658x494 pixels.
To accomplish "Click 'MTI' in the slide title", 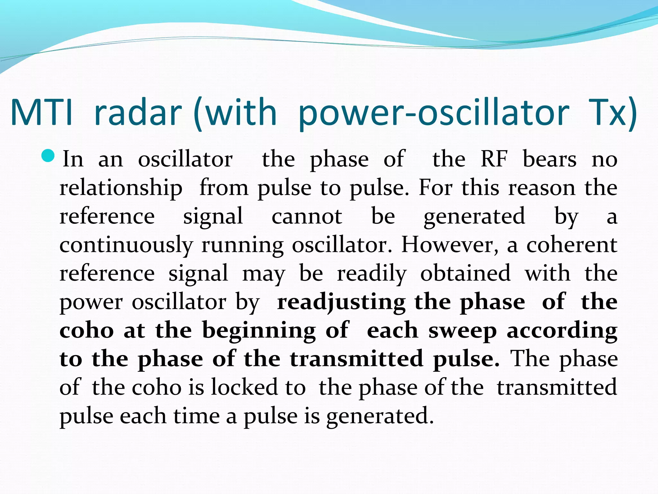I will [x=42, y=113].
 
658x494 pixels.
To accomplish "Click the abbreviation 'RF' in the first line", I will [x=494, y=159].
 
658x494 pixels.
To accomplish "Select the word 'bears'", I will [x=550, y=159].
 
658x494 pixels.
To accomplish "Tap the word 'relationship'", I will [x=121, y=188].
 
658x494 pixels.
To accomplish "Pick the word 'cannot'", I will [x=307, y=216].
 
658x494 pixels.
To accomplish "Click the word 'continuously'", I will [x=126, y=245].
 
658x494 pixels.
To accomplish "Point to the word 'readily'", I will [x=371, y=274].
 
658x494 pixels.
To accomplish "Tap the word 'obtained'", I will [x=466, y=273].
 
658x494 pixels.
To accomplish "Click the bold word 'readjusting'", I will [x=341, y=303].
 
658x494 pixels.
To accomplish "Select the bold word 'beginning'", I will [x=259, y=331].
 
